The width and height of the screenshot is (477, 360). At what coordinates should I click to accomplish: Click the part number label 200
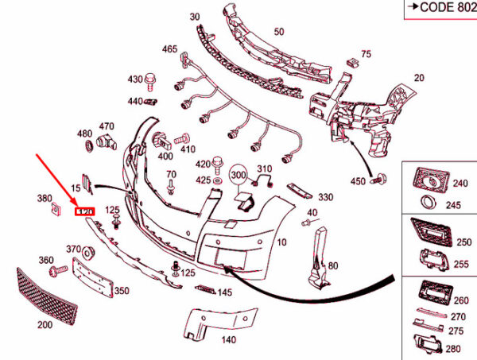[x=45, y=325]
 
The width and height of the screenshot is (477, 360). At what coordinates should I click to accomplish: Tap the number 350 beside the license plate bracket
[x=121, y=292]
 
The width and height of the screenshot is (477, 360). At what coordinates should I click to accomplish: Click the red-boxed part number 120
[x=84, y=211]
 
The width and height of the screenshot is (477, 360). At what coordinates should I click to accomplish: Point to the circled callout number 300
[x=239, y=174]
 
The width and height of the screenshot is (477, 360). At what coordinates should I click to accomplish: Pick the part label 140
[x=229, y=339]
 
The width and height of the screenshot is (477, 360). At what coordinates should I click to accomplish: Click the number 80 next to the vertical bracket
[x=333, y=265]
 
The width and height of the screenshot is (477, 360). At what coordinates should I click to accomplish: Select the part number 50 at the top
[x=278, y=32]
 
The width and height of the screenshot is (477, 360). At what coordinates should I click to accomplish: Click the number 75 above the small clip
[x=366, y=54]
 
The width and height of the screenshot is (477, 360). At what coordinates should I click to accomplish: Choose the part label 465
[x=170, y=49]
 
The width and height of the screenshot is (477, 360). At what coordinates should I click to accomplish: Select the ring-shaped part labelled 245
[x=427, y=201]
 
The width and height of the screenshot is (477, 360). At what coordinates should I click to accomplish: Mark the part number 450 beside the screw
[x=358, y=181]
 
